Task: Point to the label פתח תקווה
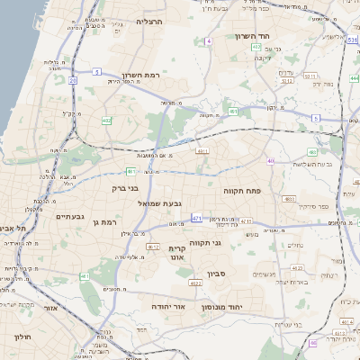[241, 191]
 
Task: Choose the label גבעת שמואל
[136, 204]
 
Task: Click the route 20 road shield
[72, 80]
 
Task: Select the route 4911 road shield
[202, 150]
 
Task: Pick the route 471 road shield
[197, 218]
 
